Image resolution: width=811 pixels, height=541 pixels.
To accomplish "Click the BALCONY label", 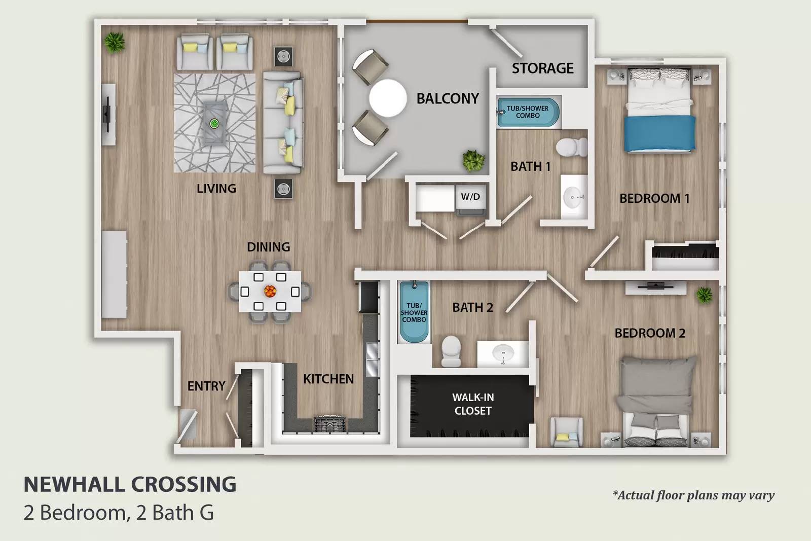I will (448, 98).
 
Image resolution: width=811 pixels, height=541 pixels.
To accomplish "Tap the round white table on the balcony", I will (388, 98).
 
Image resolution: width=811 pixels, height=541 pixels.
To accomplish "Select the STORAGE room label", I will (542, 68).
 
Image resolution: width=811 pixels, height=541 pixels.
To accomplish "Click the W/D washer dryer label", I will (470, 197).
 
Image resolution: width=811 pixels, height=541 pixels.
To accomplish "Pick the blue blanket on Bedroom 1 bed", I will (659, 133).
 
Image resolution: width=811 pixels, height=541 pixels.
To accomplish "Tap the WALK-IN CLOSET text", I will (473, 404).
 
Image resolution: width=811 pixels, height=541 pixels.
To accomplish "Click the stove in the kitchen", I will (329, 424).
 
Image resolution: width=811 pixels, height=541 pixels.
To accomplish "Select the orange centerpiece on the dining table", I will (270, 291).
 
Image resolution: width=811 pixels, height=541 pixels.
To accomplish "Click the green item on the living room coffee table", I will (214, 123).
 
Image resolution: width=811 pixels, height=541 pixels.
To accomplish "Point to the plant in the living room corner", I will (115, 43).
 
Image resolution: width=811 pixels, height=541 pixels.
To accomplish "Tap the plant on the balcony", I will (473, 160).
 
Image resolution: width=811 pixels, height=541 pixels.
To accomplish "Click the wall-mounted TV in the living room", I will (108, 114).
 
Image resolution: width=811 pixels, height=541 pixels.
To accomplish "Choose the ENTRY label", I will (206, 386).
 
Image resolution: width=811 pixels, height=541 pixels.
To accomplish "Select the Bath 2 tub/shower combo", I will (414, 312).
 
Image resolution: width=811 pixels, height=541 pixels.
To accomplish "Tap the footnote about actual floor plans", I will (693, 495).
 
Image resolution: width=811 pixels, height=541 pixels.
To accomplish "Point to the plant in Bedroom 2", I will (704, 295).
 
